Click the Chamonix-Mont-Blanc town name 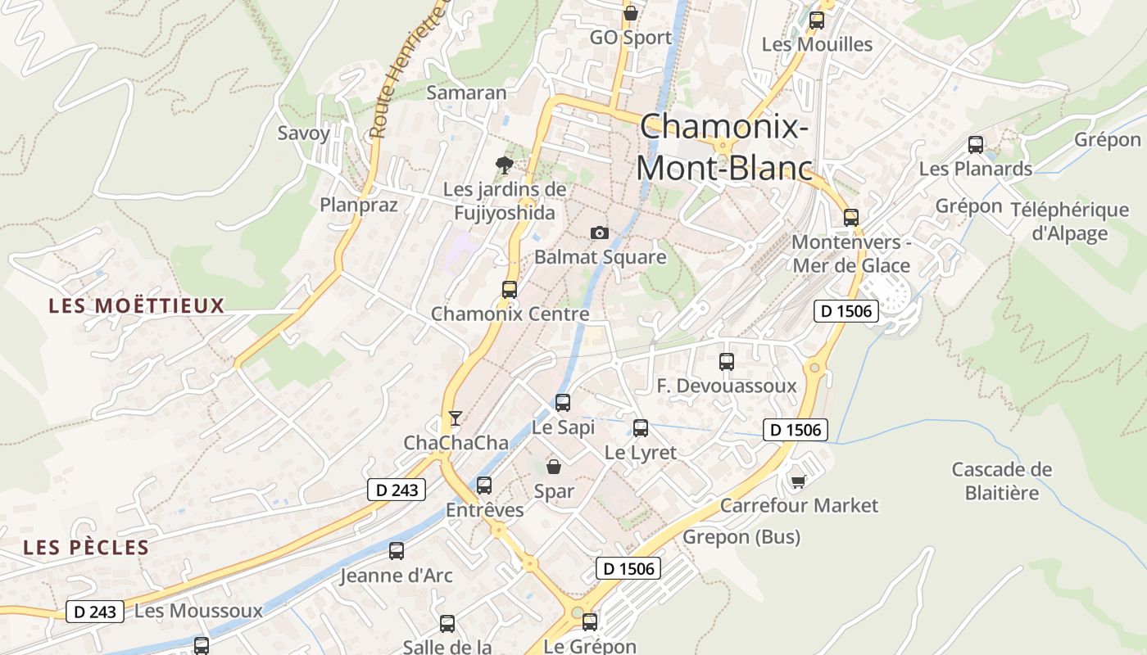click(724, 147)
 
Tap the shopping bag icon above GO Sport click(630, 13)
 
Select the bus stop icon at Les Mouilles click(816, 20)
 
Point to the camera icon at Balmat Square click(600, 233)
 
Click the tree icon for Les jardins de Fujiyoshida click(505, 165)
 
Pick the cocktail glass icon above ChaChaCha click(455, 418)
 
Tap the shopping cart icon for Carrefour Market click(799, 481)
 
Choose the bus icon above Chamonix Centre click(510, 289)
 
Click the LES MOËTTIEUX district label click(136, 306)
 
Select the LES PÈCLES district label click(86, 548)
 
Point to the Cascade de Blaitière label click(1002, 481)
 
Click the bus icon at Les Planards click(975, 145)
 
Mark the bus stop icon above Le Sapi click(562, 402)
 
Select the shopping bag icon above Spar click(554, 467)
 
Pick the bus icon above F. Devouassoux click(726, 361)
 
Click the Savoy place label click(303, 133)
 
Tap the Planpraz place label click(359, 205)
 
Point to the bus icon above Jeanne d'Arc click(397, 551)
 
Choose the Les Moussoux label click(198, 611)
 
